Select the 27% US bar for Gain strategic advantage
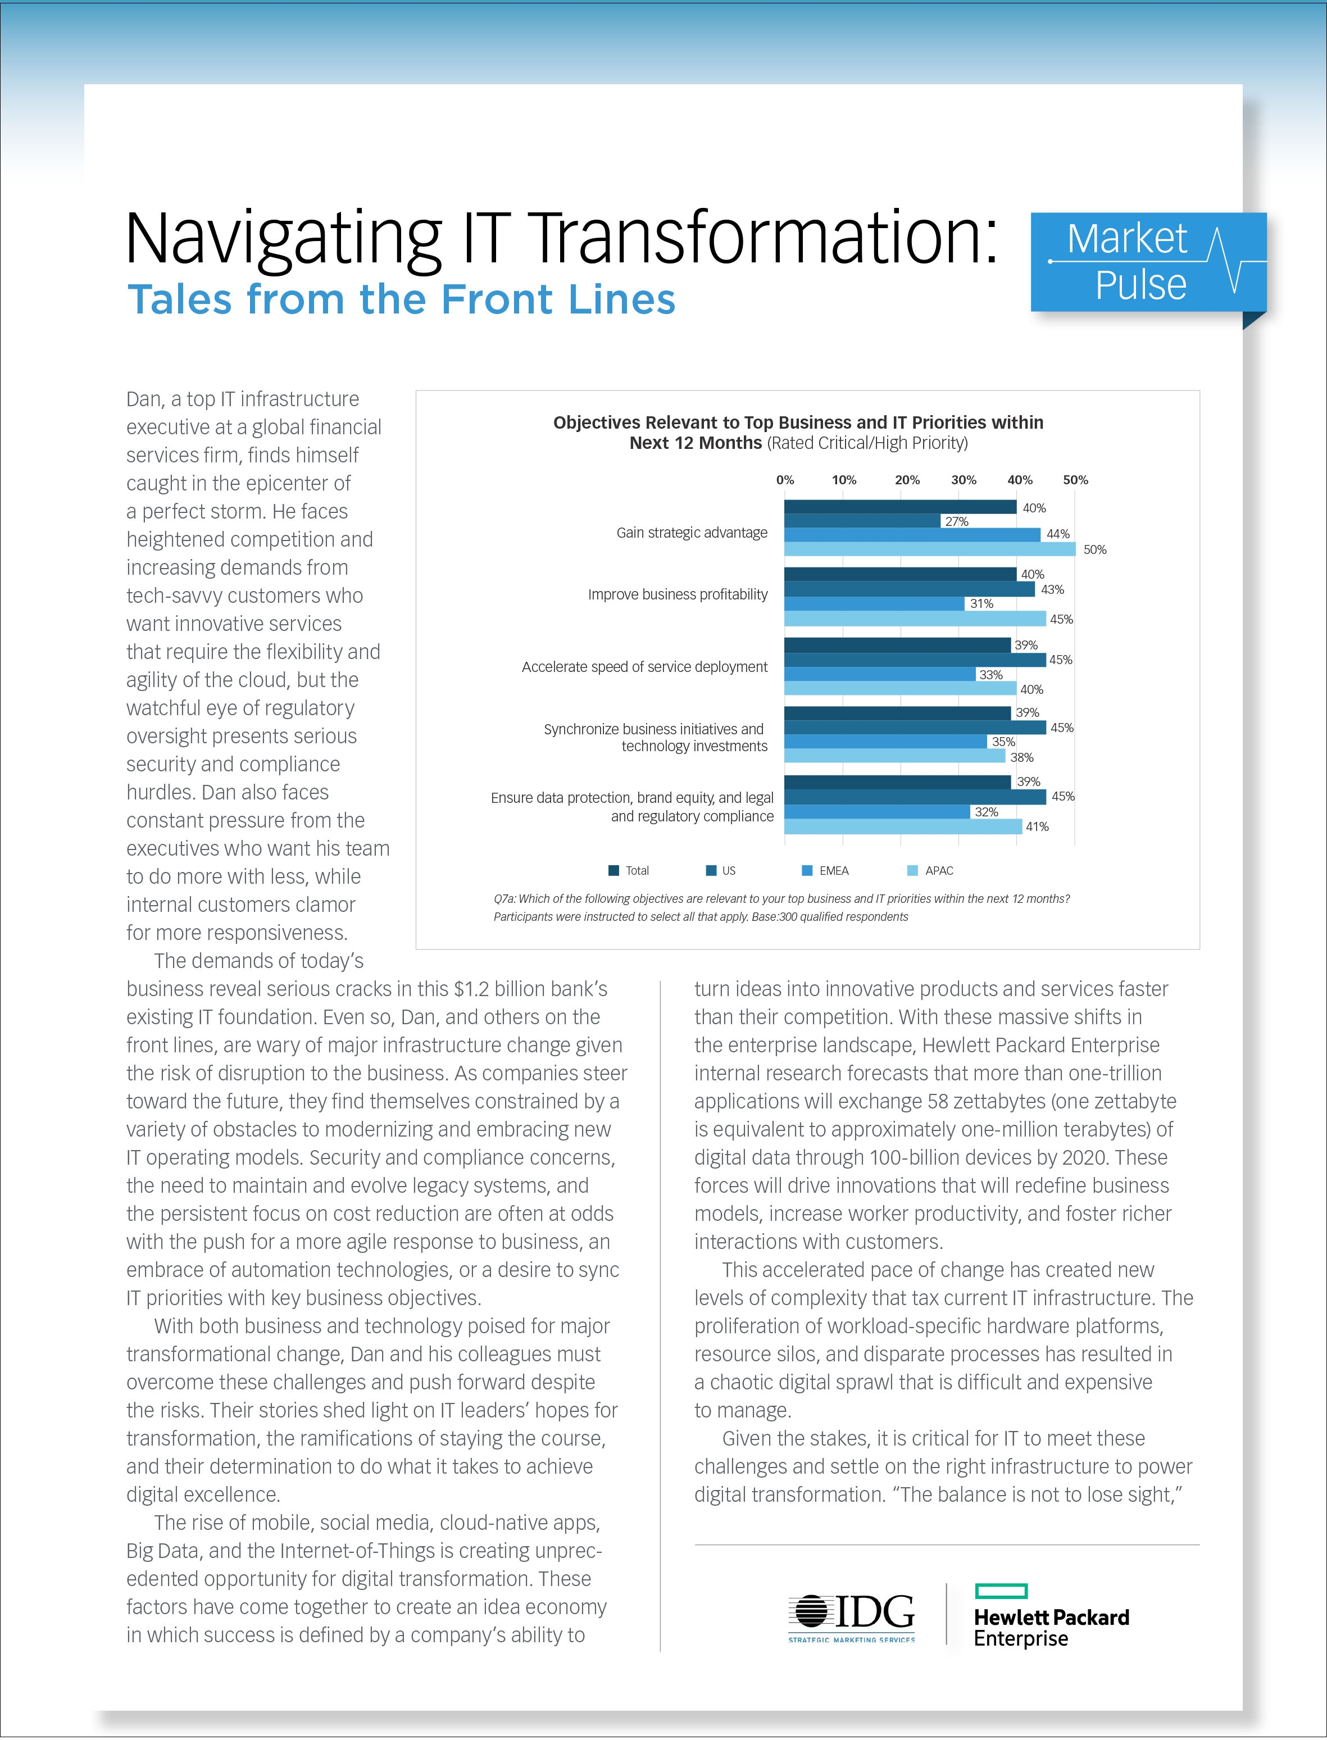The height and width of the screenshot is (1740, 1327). [861, 521]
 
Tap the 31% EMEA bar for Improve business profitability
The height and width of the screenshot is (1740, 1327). [874, 603]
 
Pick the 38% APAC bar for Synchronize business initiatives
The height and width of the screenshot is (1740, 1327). [894, 757]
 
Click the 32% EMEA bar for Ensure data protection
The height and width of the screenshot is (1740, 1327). [877, 811]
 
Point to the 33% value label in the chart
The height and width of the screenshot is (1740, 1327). [990, 675]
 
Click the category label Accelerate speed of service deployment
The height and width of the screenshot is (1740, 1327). [644, 667]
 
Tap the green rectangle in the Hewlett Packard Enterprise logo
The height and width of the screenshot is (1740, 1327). [1001, 1591]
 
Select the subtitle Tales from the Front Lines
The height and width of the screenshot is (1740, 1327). [401, 299]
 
